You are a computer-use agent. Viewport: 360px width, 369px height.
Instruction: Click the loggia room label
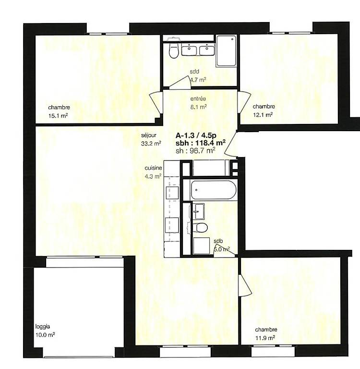pos(43,327)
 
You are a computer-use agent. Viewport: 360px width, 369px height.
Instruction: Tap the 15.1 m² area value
pos(58,115)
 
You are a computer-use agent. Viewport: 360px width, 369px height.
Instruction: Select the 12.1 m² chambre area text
pos(263,115)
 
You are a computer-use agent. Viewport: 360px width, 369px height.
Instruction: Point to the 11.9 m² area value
pos(265,338)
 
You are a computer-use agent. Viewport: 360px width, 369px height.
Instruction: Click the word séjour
pos(149,135)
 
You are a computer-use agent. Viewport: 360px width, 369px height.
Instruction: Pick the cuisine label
pos(153,168)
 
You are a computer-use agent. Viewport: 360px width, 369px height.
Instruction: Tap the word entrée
pos(198,98)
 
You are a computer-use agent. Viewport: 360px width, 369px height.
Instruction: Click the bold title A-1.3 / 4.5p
pos(196,135)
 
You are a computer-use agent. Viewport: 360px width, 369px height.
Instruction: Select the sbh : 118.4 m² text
pos(201,143)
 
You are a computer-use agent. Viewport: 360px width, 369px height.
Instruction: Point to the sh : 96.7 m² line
pos(195,150)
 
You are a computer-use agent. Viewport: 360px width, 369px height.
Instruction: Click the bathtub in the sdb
pos(214,190)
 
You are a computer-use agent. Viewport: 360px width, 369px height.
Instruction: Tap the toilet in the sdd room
pos(174,50)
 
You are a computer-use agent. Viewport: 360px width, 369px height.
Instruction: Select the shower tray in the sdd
pos(226,50)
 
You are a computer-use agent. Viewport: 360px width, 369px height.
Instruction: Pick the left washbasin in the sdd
pos(189,50)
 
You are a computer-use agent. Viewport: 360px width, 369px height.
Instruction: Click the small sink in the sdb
pos(199,211)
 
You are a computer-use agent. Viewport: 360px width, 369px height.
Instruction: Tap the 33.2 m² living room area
pos(151,143)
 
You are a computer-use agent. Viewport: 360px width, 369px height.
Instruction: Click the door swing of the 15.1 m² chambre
pos(156,104)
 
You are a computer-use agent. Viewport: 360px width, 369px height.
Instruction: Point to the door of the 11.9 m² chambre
pos(245,285)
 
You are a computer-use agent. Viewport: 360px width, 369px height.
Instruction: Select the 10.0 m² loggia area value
pos(45,335)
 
